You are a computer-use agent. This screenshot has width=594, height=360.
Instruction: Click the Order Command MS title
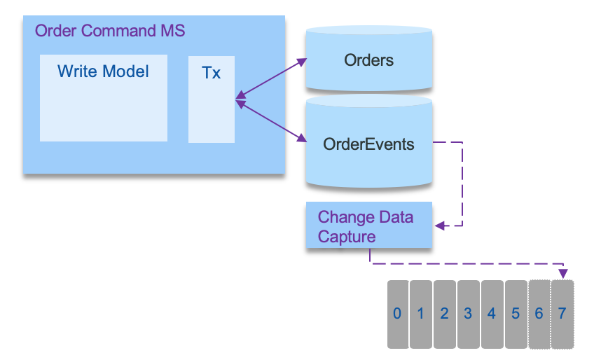tap(110, 31)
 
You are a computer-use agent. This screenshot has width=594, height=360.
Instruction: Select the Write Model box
tap(104, 98)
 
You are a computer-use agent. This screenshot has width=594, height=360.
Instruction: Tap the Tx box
tap(212, 99)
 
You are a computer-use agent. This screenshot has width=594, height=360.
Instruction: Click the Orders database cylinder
tap(369, 59)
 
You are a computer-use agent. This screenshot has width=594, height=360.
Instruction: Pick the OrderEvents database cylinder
tap(369, 141)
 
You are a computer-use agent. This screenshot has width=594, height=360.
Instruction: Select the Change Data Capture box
tap(369, 225)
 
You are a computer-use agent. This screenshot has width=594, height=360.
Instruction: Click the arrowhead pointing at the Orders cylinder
tap(302, 62)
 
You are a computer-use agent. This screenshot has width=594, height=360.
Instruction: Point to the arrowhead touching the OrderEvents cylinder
tap(302, 137)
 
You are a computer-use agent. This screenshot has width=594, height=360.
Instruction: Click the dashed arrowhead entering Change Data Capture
tap(439, 226)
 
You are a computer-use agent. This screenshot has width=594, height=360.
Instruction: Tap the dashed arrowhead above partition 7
tap(563, 274)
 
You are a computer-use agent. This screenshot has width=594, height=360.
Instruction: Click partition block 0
tap(398, 314)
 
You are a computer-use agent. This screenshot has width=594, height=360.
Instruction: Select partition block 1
tap(421, 314)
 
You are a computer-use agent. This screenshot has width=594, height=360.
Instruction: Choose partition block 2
tap(445, 314)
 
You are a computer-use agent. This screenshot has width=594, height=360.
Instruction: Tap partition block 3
tap(469, 314)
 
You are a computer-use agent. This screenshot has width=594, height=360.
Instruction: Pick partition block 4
tap(492, 314)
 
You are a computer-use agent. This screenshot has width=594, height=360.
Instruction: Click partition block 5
tap(516, 314)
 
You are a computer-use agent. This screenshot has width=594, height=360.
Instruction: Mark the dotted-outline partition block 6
tap(539, 314)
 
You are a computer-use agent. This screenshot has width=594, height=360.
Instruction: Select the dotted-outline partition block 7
tap(562, 314)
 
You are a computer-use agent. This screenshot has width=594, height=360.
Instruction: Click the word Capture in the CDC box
tap(347, 237)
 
